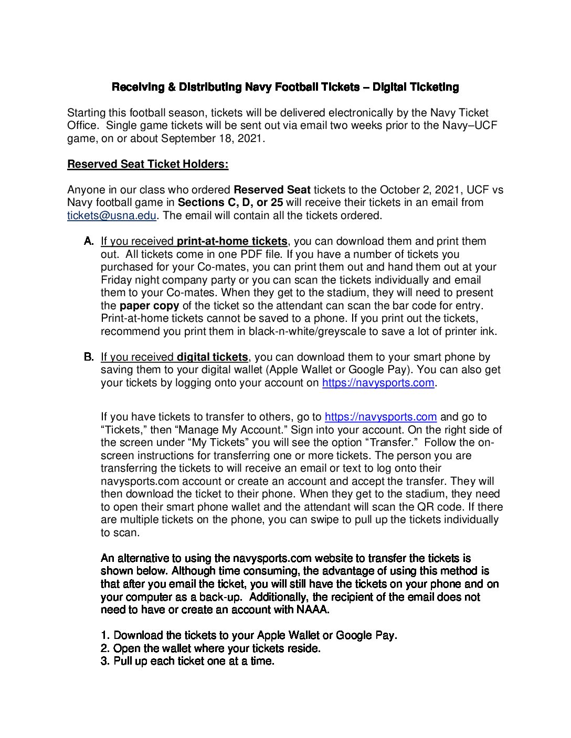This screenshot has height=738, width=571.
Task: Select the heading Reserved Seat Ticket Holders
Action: click(x=147, y=164)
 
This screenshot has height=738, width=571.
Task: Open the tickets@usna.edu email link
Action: click(x=112, y=215)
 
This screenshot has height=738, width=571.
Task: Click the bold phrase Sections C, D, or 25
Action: click(x=230, y=202)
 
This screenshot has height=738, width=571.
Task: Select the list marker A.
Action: click(x=89, y=241)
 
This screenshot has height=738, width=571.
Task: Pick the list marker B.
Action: click(x=89, y=357)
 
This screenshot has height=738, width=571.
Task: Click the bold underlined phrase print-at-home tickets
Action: click(x=232, y=241)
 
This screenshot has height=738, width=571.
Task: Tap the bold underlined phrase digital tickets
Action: click(x=212, y=357)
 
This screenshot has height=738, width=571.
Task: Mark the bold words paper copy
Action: click(x=149, y=306)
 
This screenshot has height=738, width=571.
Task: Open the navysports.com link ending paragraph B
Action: click(x=378, y=383)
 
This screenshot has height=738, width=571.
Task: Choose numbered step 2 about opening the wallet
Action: click(x=210, y=648)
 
